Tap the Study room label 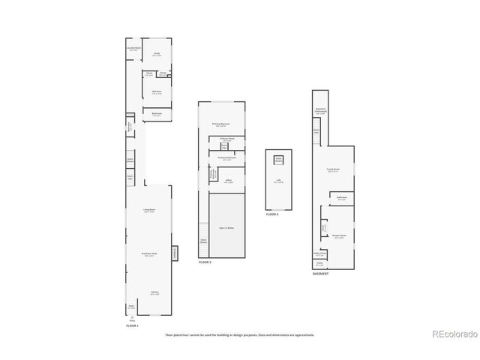pos(157,54)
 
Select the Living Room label pos(149,210)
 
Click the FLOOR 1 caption pos(132,326)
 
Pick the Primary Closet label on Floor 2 pos(227,139)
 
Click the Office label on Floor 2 pos(228,181)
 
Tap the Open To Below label pos(227,227)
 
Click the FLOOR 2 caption pos(205,262)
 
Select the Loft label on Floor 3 pos(278,181)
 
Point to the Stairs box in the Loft pos(278,159)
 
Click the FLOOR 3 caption pos(272,214)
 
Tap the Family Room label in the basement pos(330,169)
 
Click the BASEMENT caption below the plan pos(321,274)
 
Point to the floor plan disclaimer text pos(240,334)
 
